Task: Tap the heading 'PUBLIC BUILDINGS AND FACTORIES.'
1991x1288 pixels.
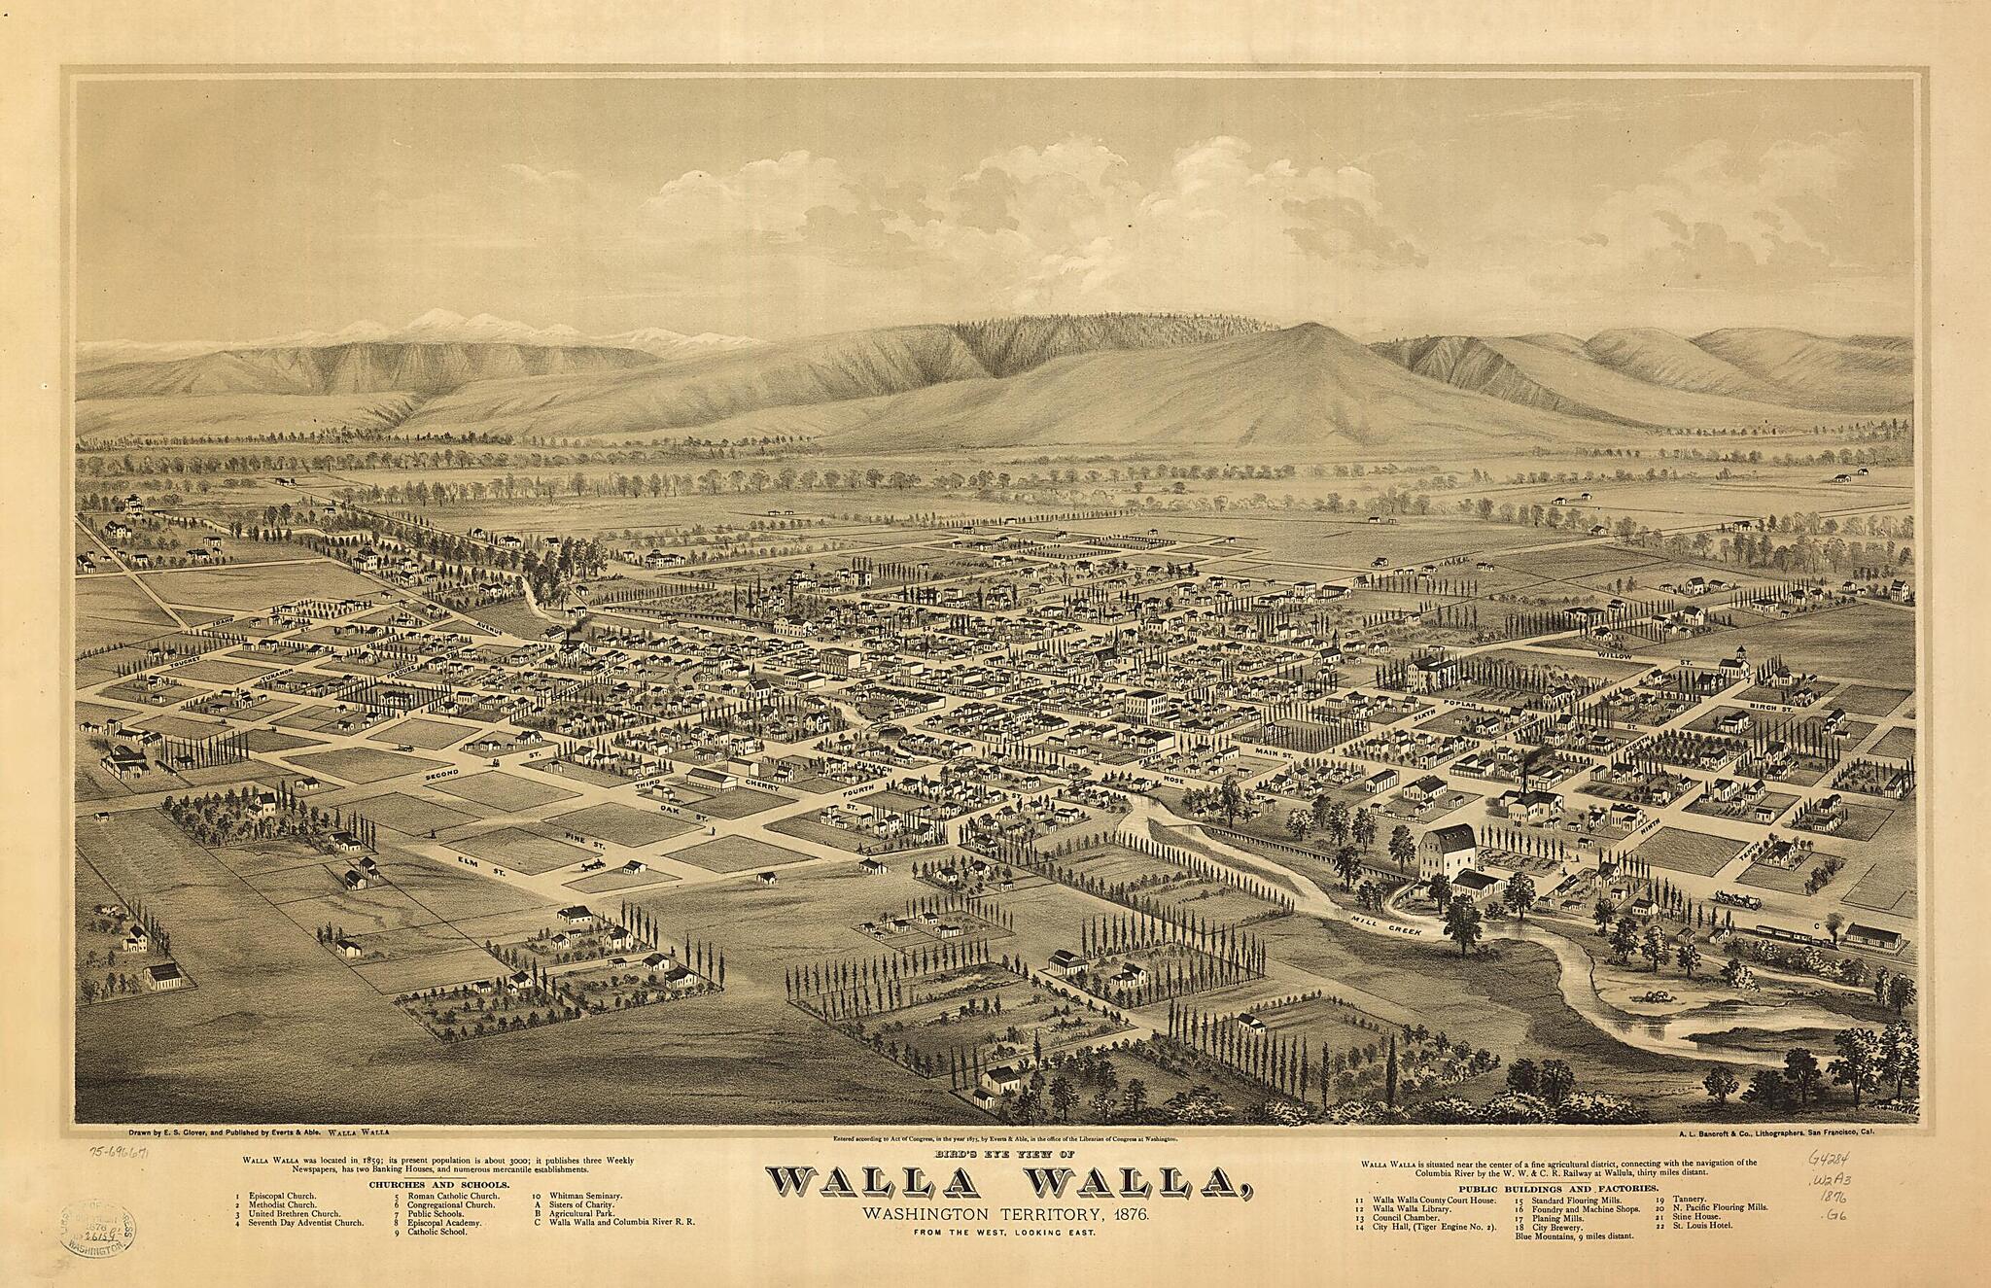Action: click(x=1553, y=1189)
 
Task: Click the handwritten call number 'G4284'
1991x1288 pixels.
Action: click(x=1831, y=1159)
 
